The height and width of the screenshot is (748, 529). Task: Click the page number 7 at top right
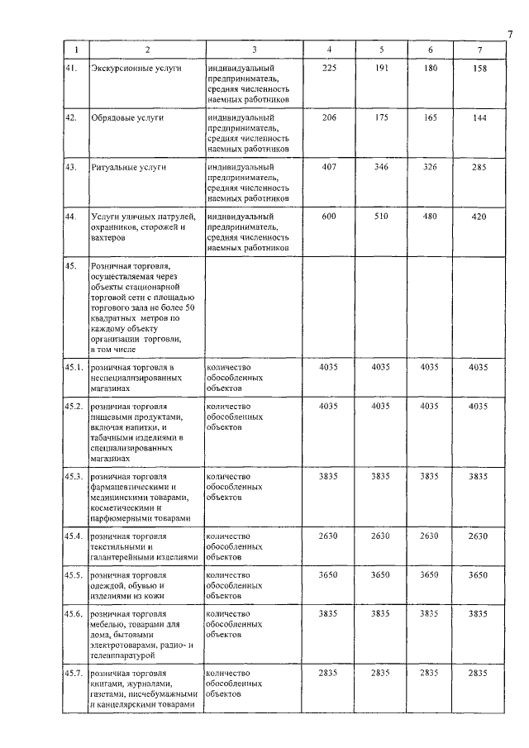(510, 34)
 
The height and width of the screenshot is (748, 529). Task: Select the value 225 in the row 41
(329, 68)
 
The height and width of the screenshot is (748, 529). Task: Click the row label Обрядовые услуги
(127, 118)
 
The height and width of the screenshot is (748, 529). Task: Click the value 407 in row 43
(329, 168)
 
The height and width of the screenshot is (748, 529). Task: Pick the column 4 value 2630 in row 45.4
(329, 536)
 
